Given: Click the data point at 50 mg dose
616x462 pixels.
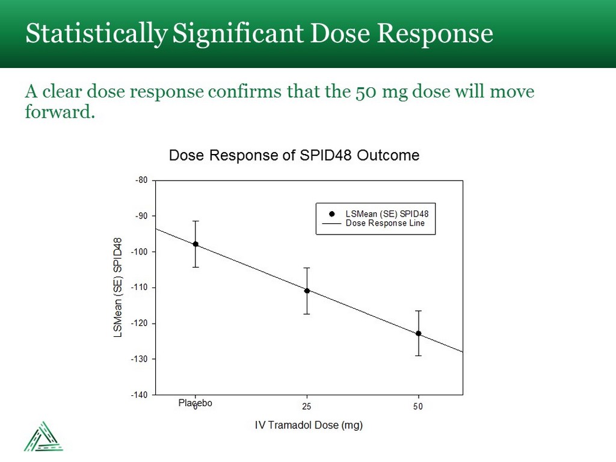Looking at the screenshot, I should (418, 333).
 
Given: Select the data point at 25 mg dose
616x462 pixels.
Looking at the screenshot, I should (307, 291).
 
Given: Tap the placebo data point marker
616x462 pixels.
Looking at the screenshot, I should (196, 244).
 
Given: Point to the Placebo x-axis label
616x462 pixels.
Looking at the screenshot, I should (196, 403).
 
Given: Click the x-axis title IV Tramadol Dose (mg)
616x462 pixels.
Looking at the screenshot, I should (309, 425).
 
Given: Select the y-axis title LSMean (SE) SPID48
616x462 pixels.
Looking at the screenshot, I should (119, 287).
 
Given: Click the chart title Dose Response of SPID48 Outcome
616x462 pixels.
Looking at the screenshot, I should (294, 155).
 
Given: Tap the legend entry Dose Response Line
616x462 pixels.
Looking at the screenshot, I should (385, 223).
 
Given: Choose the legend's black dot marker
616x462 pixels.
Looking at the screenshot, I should (331, 214).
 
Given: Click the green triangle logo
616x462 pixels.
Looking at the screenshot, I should (43, 436).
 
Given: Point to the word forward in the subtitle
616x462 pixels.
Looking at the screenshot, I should (58, 112).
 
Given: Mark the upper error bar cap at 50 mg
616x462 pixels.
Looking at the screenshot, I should (418, 311).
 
